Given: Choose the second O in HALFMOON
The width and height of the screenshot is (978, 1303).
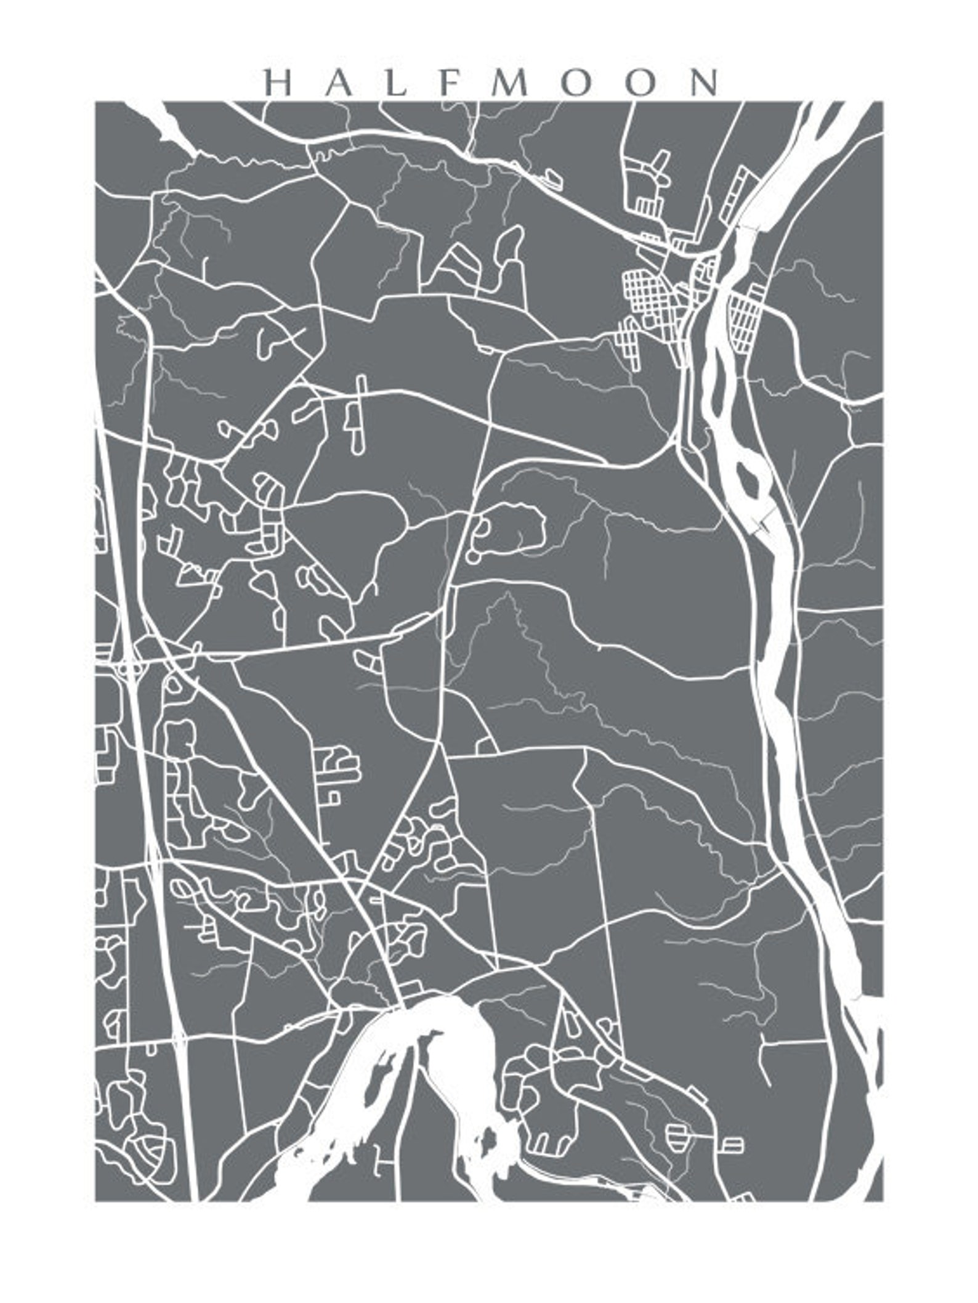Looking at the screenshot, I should (x=641, y=83).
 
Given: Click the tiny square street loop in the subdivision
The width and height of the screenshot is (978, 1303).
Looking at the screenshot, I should (x=333, y=798).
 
